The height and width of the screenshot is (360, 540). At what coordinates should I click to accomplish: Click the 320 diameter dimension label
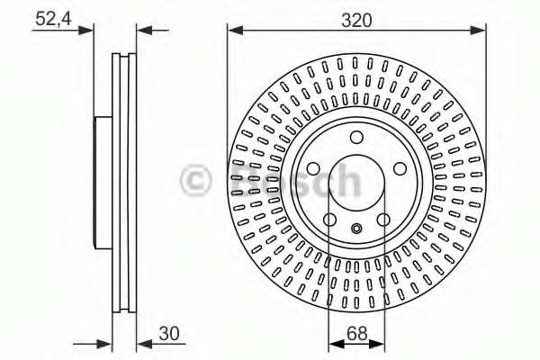357,20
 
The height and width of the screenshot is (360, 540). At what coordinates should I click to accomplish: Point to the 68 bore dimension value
356,333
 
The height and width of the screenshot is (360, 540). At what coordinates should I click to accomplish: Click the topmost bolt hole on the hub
356,138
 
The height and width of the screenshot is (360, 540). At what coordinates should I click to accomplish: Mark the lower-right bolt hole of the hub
383,220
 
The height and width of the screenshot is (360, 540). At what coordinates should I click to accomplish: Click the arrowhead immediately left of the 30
142,343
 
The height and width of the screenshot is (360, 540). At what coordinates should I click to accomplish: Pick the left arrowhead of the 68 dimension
334,343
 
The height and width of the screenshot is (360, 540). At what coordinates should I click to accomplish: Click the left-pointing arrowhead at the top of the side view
142,31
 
